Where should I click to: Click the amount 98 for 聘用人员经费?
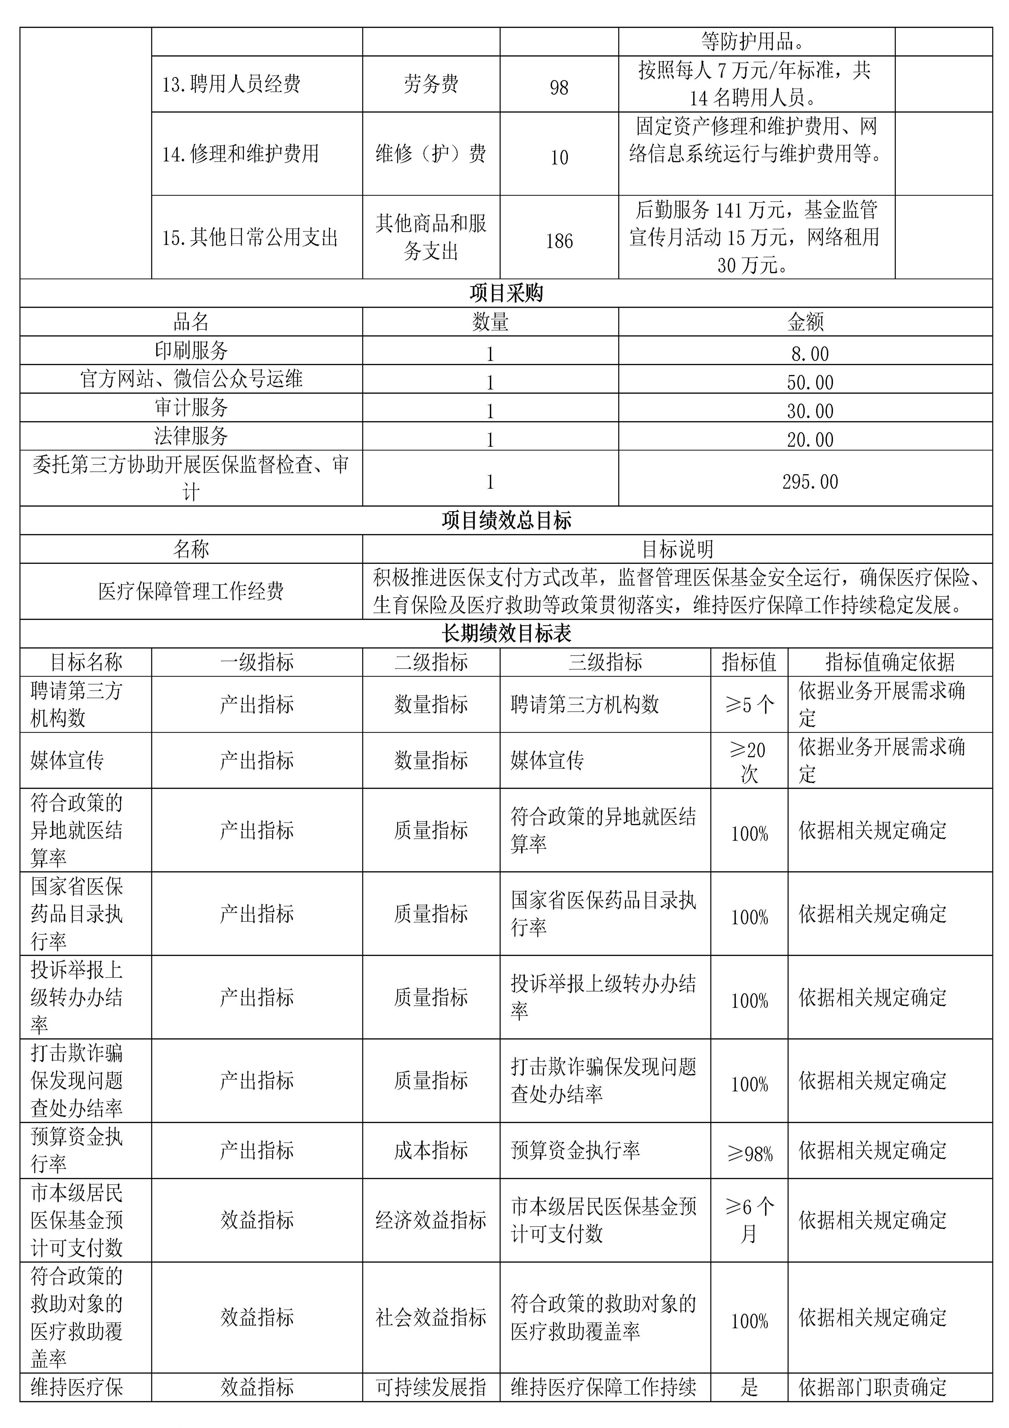[x=559, y=87]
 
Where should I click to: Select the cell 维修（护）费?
[x=431, y=154]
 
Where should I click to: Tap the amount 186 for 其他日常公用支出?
[x=559, y=241]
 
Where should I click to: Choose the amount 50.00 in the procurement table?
[x=809, y=382]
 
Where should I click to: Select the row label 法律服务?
[x=191, y=436]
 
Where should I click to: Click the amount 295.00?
[x=809, y=481]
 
